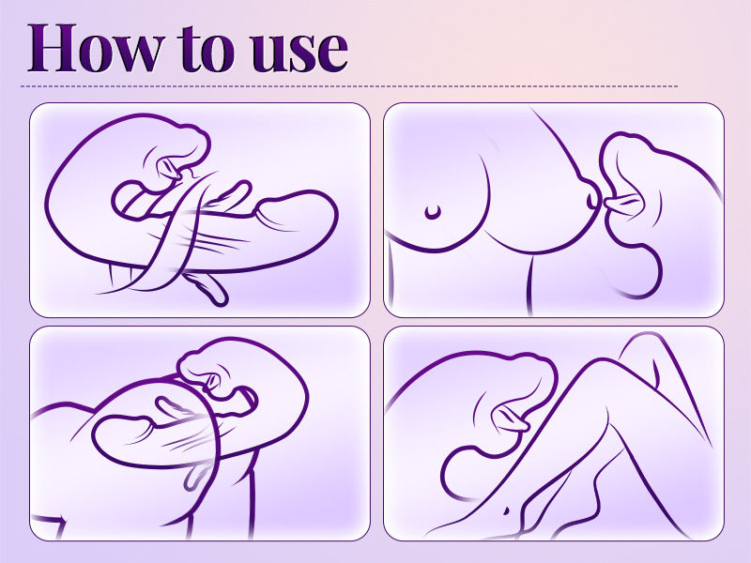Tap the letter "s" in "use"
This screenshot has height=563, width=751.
pos(301,53)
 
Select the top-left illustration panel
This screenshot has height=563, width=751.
pos(200,209)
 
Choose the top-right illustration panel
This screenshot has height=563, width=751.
pos(554,209)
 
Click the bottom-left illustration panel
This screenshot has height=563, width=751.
pos(200,433)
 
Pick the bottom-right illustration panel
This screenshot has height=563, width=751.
pos(554,433)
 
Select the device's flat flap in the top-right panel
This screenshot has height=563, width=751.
pos(621,202)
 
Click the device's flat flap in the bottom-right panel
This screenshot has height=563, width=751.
pos(512,423)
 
